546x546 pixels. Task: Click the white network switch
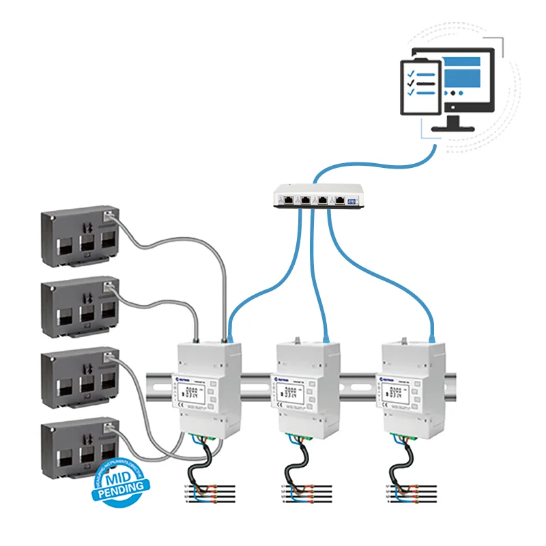[x=314, y=197]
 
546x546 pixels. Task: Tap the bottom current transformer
[x=79, y=447]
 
